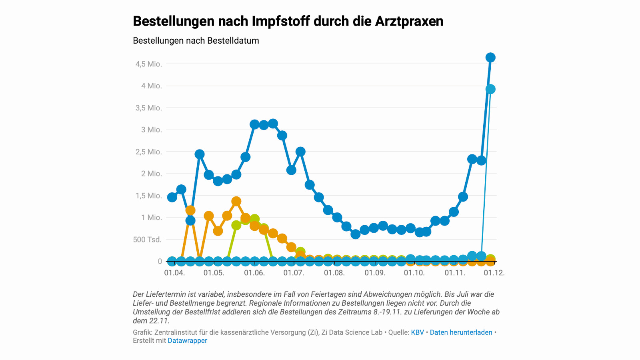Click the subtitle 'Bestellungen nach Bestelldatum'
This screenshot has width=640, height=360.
click(196, 41)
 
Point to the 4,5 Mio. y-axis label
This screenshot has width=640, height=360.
click(148, 64)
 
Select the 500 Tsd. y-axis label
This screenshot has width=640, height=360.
click(147, 240)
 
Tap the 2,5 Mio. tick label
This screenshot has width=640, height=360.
click(148, 152)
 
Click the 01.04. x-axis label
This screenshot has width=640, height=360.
click(174, 273)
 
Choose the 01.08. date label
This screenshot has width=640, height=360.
click(334, 273)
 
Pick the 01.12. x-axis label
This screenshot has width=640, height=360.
click(494, 273)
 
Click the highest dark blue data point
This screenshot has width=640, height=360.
click(490, 58)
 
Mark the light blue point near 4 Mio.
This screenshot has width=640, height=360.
click(490, 89)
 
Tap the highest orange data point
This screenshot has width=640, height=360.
click(236, 201)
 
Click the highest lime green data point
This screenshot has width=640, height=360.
click(254, 219)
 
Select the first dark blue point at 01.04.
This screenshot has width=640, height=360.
click(172, 197)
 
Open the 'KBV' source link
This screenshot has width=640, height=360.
click(417, 332)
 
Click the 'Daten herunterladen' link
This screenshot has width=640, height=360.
click(461, 332)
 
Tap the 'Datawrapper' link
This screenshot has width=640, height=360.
click(187, 341)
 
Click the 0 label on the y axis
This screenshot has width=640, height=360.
click(160, 262)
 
